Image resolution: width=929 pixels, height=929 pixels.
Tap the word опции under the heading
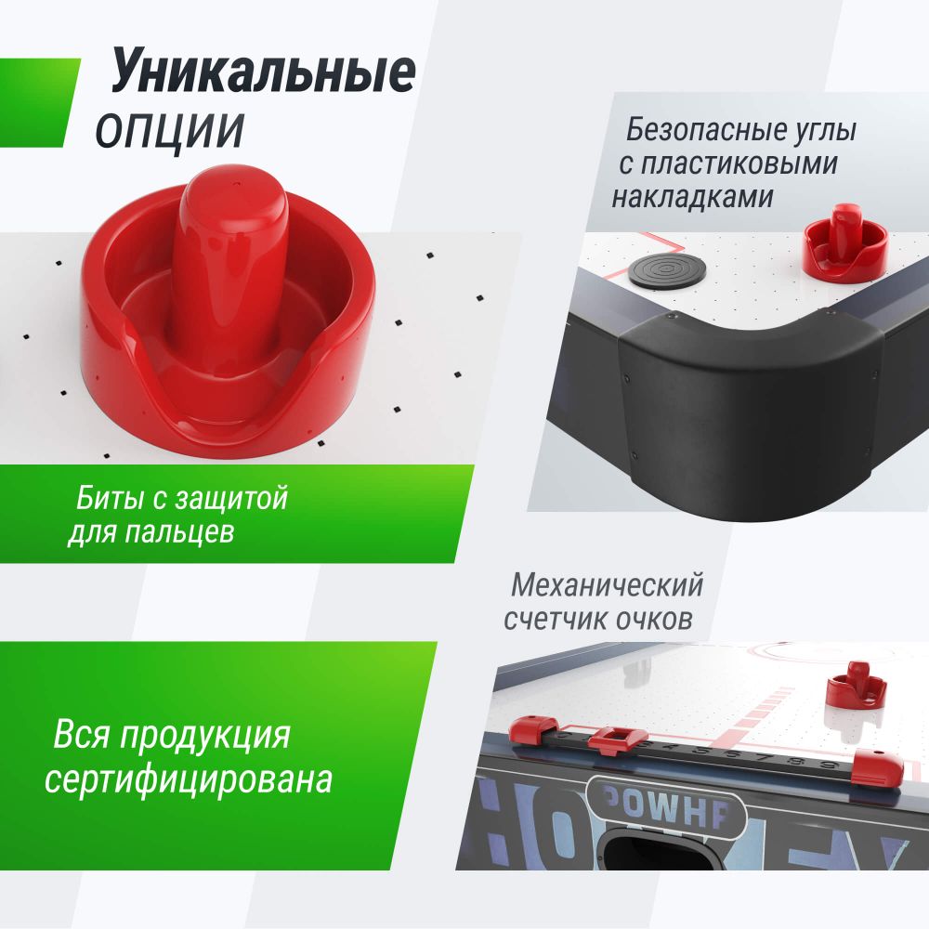click(169, 131)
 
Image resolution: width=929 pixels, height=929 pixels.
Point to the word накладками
click(692, 197)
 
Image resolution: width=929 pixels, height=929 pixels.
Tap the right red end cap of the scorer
click(878, 764)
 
